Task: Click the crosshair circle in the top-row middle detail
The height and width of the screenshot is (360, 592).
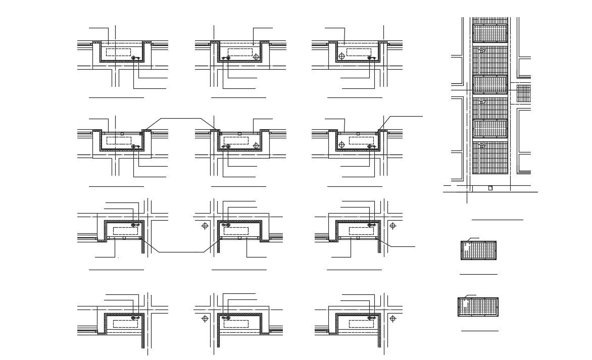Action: pyautogui.click(x=256, y=57)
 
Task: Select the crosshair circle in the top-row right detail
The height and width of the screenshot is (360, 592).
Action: pyautogui.click(x=341, y=56)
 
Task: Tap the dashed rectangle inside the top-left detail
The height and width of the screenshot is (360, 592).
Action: pyautogui.click(x=119, y=53)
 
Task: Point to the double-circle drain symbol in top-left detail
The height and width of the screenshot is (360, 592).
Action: pyautogui.click(x=134, y=59)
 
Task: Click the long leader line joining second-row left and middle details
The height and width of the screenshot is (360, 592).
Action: pyautogui.click(x=179, y=119)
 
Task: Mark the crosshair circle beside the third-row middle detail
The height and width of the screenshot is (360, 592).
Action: pyautogui.click(x=205, y=226)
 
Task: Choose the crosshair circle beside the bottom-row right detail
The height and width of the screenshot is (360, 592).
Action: pyautogui.click(x=393, y=319)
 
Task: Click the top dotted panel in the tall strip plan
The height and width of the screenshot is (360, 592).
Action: pyautogui.click(x=489, y=34)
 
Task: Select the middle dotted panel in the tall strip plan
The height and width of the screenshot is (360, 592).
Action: pyautogui.click(x=489, y=84)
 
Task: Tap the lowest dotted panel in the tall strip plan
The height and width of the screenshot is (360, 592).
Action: pyautogui.click(x=489, y=129)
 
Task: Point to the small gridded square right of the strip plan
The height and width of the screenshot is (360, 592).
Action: pyautogui.click(x=523, y=93)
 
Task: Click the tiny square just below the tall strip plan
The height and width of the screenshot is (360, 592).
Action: pyautogui.click(x=490, y=188)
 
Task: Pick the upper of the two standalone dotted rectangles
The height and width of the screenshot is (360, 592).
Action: pyautogui.click(x=478, y=250)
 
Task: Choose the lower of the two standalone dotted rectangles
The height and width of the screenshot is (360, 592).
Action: pyautogui.click(x=478, y=307)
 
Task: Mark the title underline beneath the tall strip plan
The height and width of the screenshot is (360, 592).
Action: pyautogui.click(x=497, y=220)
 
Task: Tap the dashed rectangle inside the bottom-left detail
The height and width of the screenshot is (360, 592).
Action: pyautogui.click(x=125, y=324)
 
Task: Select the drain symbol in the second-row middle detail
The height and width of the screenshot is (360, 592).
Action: pyautogui.click(x=227, y=146)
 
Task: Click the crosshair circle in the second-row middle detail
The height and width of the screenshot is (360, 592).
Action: pyautogui.click(x=256, y=146)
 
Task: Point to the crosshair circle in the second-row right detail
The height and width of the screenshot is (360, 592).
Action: pyautogui.click(x=341, y=145)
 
